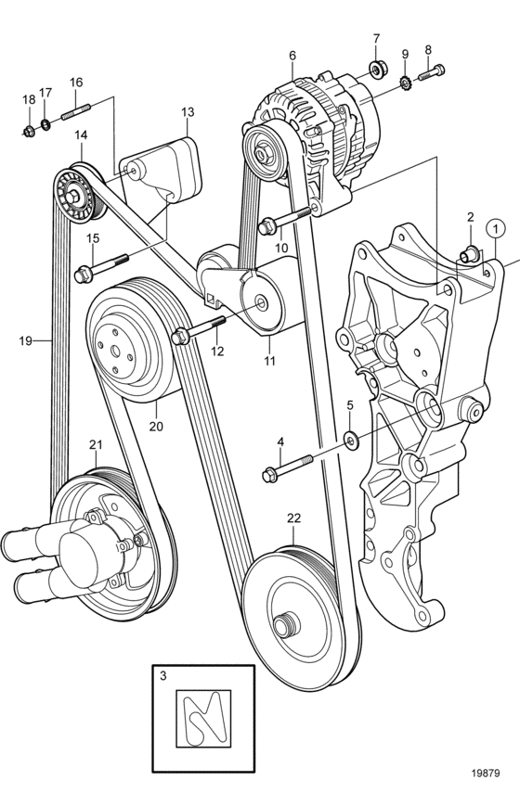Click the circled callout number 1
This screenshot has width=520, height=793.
496,230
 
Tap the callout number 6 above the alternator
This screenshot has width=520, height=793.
292,56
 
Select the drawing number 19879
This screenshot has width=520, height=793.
486,773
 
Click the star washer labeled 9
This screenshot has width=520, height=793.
405,82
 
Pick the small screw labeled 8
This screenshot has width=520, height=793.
432,71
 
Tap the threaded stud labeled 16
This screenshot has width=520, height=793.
76,112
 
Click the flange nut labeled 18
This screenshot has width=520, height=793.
29,132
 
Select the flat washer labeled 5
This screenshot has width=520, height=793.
350,438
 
